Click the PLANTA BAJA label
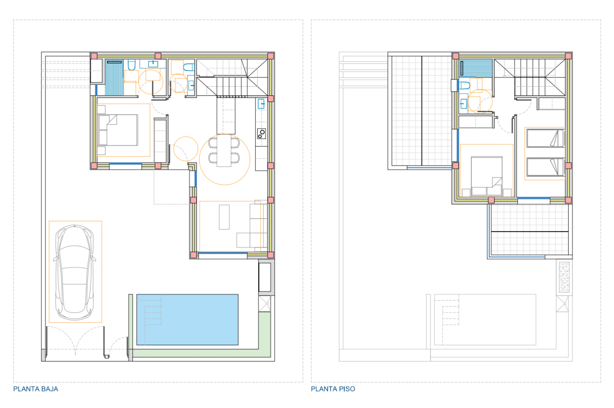[x=36, y=389]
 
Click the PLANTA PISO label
[x=333, y=389]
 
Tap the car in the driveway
[x=74, y=272]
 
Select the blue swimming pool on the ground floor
[x=187, y=319]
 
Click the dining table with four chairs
[x=224, y=151]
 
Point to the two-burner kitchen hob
[x=262, y=134]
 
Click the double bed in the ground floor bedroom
[x=118, y=130]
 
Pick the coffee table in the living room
[x=224, y=217]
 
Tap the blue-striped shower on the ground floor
[x=114, y=77]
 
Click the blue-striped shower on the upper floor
[x=476, y=68]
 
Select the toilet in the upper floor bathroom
[x=464, y=85]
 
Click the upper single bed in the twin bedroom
[x=545, y=138]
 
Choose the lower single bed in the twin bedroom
[x=545, y=167]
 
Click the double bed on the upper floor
[x=486, y=176]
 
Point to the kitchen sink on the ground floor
[x=261, y=104]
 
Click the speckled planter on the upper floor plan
[x=564, y=277]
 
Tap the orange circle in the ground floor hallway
[x=186, y=149]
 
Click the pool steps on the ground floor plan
[x=153, y=312]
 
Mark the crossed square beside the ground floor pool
[x=265, y=303]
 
